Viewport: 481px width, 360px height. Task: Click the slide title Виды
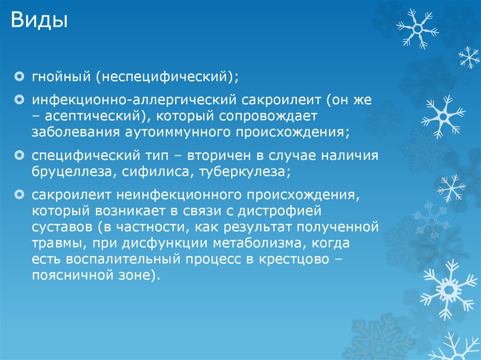39,21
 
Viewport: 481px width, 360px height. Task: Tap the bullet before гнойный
19,75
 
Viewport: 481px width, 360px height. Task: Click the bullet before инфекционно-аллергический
19,100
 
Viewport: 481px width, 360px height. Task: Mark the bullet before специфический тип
19,154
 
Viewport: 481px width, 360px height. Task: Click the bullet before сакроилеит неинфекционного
19,194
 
